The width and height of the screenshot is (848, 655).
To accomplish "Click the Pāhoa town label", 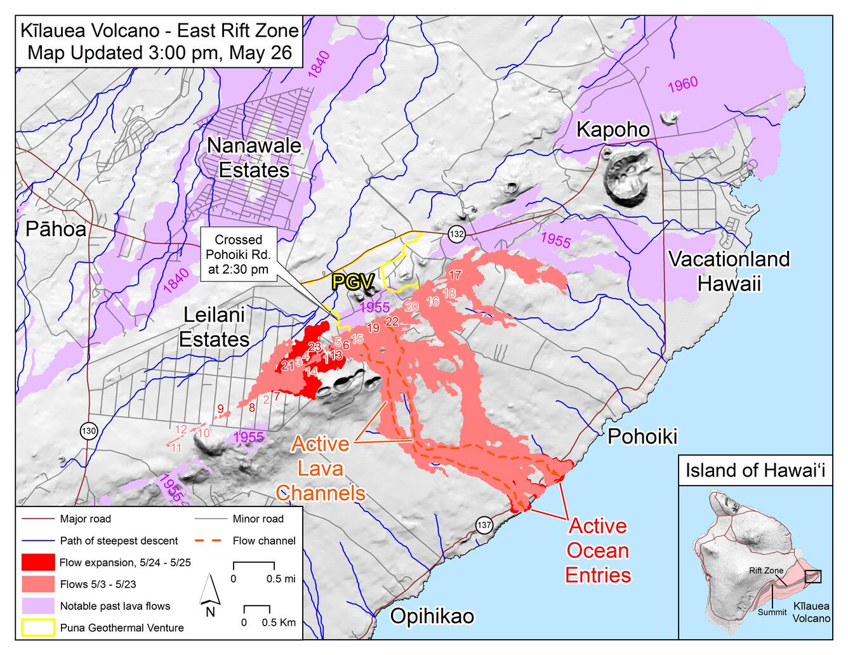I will tap(56, 229).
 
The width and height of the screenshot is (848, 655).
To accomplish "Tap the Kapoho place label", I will tap(613, 129).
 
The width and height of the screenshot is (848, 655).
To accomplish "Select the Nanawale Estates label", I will tap(254, 157).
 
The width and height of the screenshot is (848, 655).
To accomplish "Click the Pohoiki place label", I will tap(642, 436).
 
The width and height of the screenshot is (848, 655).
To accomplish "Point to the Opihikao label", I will tap(432, 616).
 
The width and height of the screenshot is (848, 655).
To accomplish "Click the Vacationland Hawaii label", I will tap(729, 270).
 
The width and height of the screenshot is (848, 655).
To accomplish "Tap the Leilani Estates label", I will tap(214, 327).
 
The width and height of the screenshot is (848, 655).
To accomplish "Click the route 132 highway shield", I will tap(456, 234).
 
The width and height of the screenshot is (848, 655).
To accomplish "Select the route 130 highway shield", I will tap(89, 432).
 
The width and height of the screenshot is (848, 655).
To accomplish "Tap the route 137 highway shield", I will tap(484, 525).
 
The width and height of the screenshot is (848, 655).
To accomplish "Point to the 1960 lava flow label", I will tap(682, 84).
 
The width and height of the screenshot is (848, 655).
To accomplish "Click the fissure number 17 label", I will tap(454, 275).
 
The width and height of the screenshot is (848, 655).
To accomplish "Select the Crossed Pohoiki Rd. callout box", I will tap(238, 255).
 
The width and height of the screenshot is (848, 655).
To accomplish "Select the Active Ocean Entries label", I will tap(598, 550).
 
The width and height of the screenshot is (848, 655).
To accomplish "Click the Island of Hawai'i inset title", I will tap(755, 471).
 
